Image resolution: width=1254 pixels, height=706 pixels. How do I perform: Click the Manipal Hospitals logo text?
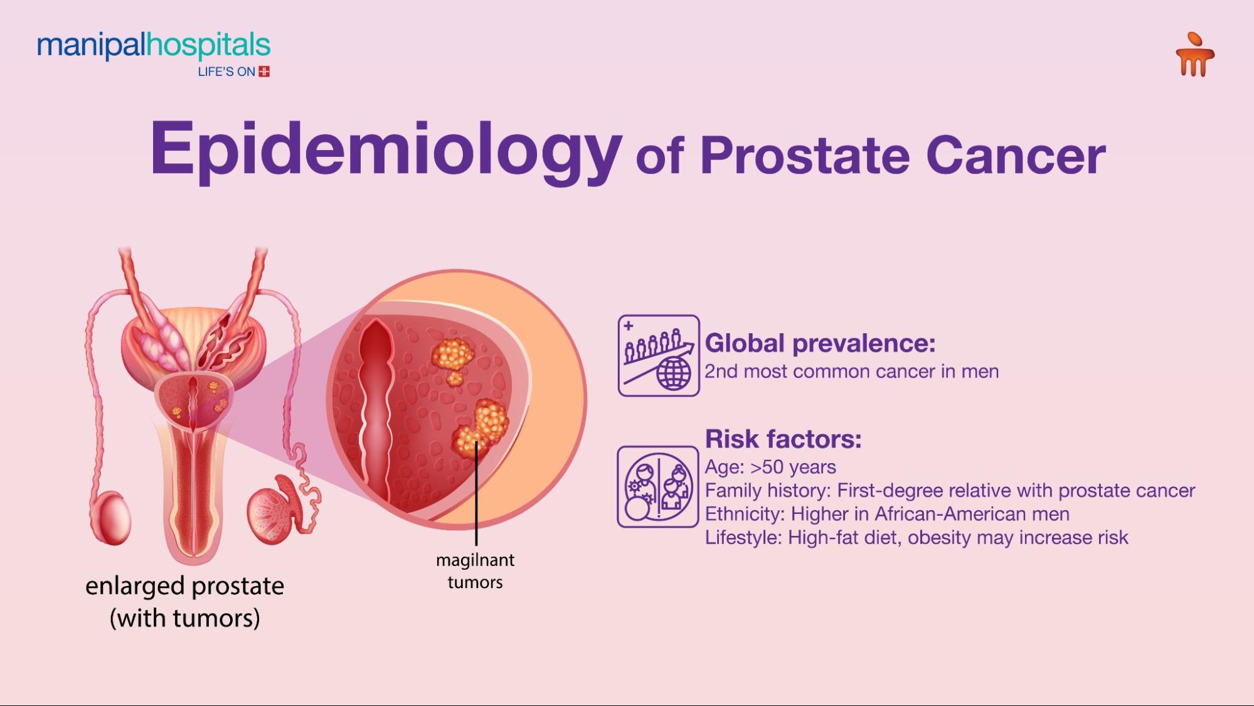(154, 46)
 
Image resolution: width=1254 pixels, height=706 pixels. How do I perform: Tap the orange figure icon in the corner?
(1195, 55)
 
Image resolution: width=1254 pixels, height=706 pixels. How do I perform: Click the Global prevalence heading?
(820, 343)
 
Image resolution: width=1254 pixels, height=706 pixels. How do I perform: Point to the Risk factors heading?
(783, 439)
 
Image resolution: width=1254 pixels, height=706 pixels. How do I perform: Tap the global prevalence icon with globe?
(659, 355)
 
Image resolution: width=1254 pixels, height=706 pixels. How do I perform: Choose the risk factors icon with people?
(658, 486)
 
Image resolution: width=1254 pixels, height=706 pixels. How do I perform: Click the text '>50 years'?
(793, 467)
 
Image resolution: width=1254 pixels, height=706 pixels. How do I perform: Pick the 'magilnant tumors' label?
(475, 571)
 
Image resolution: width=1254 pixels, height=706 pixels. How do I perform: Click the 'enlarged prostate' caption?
(184, 586)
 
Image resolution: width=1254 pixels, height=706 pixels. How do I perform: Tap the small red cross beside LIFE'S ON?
(264, 72)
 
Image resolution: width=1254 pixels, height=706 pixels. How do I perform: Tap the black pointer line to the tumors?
(476, 493)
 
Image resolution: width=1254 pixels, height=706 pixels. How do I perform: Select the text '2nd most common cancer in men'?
(851, 372)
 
